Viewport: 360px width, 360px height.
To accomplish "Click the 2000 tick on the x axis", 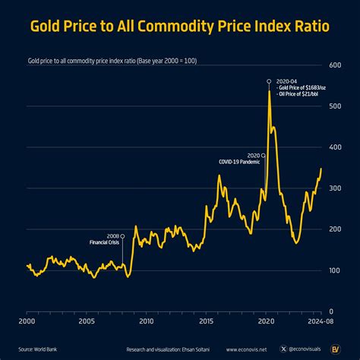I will (x=27, y=322).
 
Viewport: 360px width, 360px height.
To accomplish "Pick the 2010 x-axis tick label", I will (x=147, y=322).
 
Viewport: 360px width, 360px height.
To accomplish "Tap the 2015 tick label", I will (x=206, y=322).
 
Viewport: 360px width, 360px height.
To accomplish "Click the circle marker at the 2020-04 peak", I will (x=269, y=81).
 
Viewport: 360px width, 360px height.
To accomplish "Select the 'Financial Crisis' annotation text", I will (x=103, y=242).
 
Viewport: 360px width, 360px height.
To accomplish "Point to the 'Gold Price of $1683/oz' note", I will (x=302, y=87).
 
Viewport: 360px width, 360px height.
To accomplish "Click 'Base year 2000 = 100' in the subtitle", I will (x=171, y=58).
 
